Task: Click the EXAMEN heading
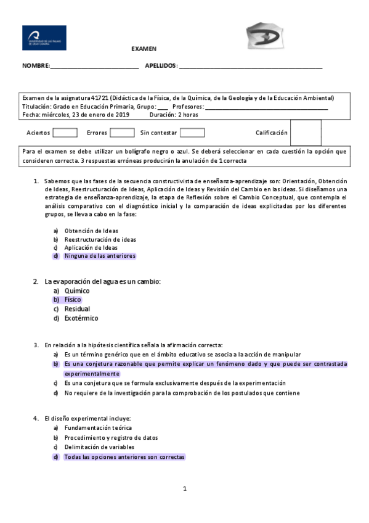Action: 144,49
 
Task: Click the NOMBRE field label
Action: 35,66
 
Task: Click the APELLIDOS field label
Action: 161,66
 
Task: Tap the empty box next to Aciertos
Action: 65,133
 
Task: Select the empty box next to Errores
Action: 122,133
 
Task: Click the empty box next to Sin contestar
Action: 192,133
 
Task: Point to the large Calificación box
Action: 306,133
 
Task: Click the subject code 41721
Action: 99,97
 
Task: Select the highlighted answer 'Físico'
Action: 73,300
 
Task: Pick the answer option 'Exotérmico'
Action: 81,318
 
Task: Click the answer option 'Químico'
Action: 77,290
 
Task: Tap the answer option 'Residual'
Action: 77,309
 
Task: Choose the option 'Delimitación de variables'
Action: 100,447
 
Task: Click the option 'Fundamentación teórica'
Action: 98,427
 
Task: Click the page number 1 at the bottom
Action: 184,489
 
